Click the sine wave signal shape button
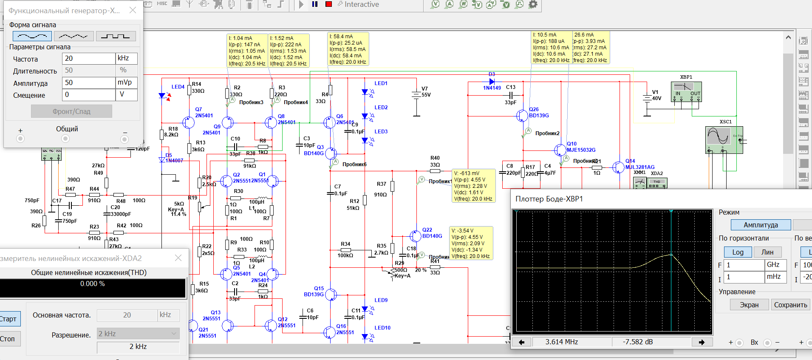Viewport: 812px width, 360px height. [x=32, y=36]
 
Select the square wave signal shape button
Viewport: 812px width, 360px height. [x=116, y=36]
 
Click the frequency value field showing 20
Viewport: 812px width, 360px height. [x=88, y=58]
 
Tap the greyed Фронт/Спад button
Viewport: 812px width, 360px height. [x=71, y=111]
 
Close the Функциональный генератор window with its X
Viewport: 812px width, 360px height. [x=133, y=10]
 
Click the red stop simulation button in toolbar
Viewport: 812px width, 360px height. [x=328, y=4]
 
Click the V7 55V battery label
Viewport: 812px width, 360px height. [x=426, y=92]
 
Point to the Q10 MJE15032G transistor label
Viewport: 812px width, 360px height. [x=581, y=147]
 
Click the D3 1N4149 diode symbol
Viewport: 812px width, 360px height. [x=492, y=81]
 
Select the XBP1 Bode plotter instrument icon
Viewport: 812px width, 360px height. [x=686, y=92]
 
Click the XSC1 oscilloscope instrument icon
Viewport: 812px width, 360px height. [x=724, y=140]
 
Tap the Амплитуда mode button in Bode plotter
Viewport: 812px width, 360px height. [x=761, y=225]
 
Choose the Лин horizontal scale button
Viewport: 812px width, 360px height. [x=767, y=252]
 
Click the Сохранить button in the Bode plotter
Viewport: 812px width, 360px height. [x=790, y=305]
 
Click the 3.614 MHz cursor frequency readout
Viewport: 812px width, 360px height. [x=561, y=342]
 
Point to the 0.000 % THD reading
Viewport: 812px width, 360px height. [x=93, y=284]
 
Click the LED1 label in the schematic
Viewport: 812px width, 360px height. [x=381, y=83]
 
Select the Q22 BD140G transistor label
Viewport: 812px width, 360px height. [x=432, y=233]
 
